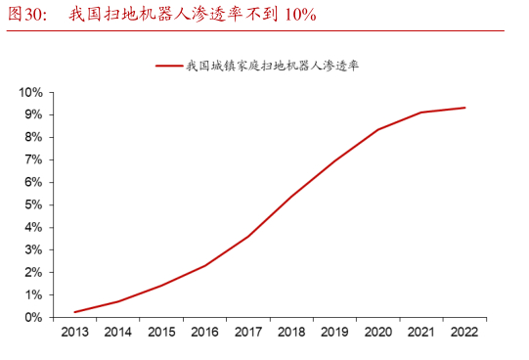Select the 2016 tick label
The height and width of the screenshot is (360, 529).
(204, 333)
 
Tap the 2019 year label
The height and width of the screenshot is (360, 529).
(334, 333)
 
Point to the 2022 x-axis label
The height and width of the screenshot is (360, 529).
(464, 333)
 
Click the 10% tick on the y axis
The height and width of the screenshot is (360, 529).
(29, 92)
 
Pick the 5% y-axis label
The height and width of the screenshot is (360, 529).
(32, 204)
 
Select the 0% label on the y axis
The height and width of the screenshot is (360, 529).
(32, 317)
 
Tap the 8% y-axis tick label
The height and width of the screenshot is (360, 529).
(32, 137)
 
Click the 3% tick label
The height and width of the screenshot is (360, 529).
(32, 249)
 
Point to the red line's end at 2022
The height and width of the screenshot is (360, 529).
(464, 108)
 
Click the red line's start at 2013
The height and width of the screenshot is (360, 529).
(74, 312)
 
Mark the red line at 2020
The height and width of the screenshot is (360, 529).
(377, 129)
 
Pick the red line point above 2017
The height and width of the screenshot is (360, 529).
(247, 237)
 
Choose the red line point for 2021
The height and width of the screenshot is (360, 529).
(421, 112)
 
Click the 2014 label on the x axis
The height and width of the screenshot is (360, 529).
(117, 333)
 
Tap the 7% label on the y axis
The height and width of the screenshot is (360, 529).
(32, 159)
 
